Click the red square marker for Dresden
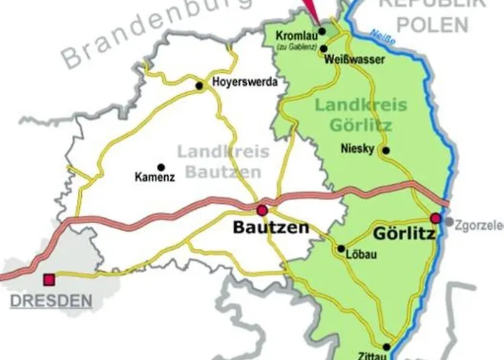point(49,279)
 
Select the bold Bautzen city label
point(271,228)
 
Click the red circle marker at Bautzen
point(262,210)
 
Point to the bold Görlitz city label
point(405,233)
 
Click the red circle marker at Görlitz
point(435,217)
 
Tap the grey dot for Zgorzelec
point(449,222)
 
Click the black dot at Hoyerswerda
point(200,86)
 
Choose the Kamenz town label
point(155,176)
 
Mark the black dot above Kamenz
point(161,166)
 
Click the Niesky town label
point(358,149)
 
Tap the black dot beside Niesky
point(386,150)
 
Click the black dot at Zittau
point(387,346)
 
